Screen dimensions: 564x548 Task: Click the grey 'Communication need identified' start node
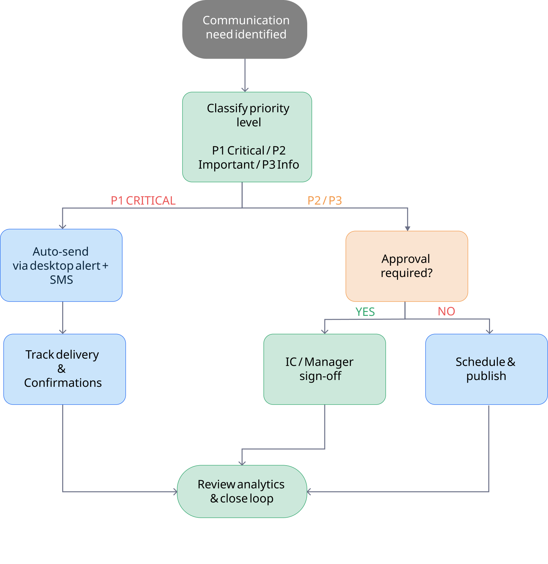coord(245,29)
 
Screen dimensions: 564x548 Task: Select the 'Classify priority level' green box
coord(247,137)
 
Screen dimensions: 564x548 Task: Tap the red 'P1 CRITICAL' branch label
coord(143,201)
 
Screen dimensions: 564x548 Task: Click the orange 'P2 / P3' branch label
coord(324,201)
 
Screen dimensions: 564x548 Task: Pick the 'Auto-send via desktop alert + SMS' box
coord(61,265)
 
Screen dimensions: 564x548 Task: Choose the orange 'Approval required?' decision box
coord(407,266)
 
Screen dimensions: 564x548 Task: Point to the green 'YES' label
coord(365,312)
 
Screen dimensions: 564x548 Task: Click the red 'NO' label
coord(446,311)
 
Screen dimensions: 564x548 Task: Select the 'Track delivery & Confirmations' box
coord(64,369)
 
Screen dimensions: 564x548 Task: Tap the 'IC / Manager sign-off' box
coord(324,369)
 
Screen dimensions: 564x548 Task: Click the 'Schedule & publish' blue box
coord(486,369)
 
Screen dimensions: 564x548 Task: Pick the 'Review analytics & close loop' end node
coord(242,491)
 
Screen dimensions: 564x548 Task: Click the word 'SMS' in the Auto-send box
coord(61,280)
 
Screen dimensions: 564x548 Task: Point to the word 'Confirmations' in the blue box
coord(63,383)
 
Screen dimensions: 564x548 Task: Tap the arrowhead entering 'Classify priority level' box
coord(245,89)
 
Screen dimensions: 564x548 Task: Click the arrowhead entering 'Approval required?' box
coord(408,228)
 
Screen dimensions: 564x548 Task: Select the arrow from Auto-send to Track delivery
coord(63,317)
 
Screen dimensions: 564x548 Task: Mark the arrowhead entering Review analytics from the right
coord(309,492)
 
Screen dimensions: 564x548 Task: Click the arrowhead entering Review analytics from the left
coord(175,492)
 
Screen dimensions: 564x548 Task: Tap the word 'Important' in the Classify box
coord(226,165)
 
